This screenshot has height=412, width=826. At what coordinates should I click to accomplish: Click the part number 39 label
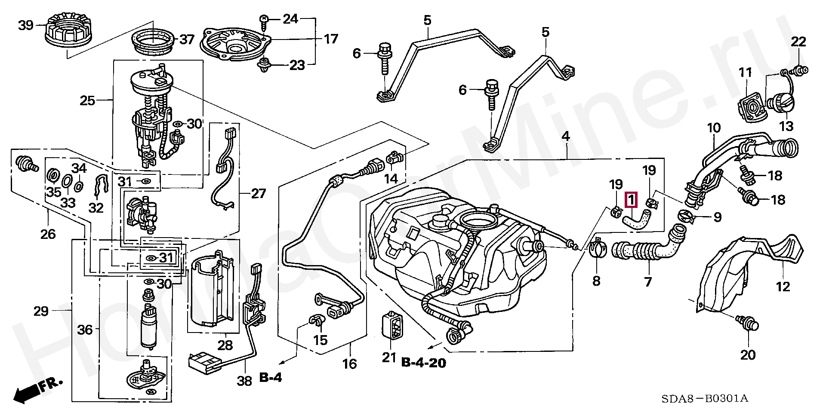click(26, 25)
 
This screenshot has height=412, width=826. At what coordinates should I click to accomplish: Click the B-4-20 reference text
click(424, 363)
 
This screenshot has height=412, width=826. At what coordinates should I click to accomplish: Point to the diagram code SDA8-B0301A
click(705, 399)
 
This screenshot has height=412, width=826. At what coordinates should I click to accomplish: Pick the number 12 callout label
click(783, 286)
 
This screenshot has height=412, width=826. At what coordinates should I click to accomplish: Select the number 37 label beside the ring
click(187, 40)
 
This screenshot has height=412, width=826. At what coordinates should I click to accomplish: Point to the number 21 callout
click(389, 357)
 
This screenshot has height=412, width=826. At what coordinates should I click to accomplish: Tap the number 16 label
click(349, 364)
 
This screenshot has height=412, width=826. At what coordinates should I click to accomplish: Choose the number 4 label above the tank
click(565, 137)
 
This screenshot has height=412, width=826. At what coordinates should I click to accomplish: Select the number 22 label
click(798, 42)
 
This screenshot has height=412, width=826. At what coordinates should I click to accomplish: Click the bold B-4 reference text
click(271, 378)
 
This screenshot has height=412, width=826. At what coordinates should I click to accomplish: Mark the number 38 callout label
click(245, 381)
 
